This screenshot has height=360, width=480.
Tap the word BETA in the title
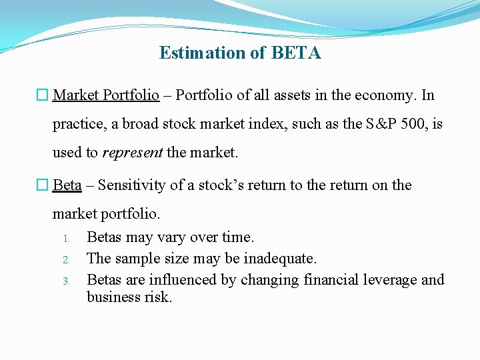click(296, 53)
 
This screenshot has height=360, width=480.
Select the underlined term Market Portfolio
click(106, 95)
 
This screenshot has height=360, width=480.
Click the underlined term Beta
click(67, 185)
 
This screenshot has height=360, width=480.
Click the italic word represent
click(133, 153)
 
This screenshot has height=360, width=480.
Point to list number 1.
click(67, 238)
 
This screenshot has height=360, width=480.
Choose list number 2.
click(67, 259)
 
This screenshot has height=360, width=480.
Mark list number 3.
click(67, 281)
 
